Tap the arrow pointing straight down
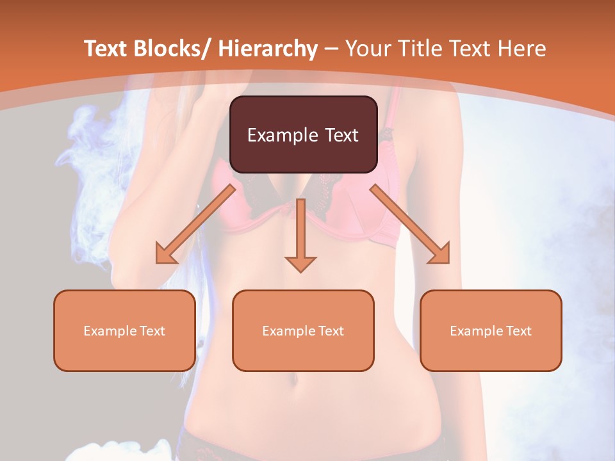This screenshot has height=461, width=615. pos(300,234)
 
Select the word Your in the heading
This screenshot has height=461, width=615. pos(367,49)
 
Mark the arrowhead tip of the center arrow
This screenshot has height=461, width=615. pos(300,271)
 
